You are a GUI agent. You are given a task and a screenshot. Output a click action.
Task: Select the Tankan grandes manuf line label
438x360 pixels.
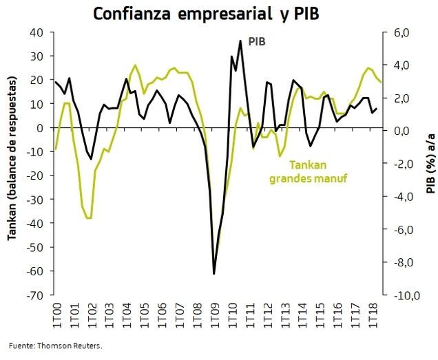coord(307,172)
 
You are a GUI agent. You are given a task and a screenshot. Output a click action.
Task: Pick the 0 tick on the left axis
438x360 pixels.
coord(41,128)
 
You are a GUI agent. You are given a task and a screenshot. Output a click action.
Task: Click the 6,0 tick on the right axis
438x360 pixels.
coord(401,32)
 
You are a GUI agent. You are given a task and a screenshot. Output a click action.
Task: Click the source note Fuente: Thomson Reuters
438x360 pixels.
coord(56,346)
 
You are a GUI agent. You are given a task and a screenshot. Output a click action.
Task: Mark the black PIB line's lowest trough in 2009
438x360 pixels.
coord(214,273)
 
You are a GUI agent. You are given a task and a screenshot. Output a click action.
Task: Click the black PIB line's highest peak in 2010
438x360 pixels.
coord(240,41)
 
